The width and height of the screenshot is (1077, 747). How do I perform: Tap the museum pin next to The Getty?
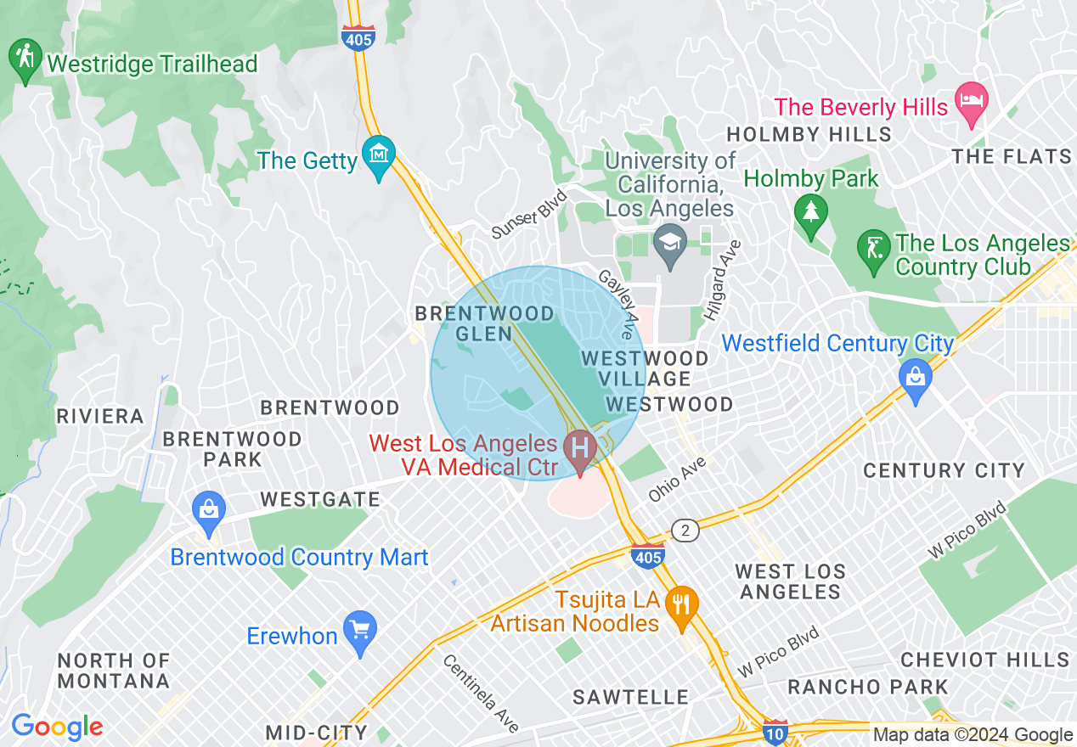coord(379,154)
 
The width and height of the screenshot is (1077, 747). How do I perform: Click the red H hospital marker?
coord(581,447)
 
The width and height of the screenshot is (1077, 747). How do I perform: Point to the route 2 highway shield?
coord(685,531)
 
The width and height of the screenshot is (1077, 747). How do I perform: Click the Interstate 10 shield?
coord(775,731)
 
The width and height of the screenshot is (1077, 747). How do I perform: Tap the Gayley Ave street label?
coord(617,302)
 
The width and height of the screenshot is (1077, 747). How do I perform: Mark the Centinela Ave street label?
coord(481,693)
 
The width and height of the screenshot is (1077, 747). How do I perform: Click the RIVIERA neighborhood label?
coord(100,416)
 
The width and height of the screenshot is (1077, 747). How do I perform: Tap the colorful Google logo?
coord(57,727)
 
